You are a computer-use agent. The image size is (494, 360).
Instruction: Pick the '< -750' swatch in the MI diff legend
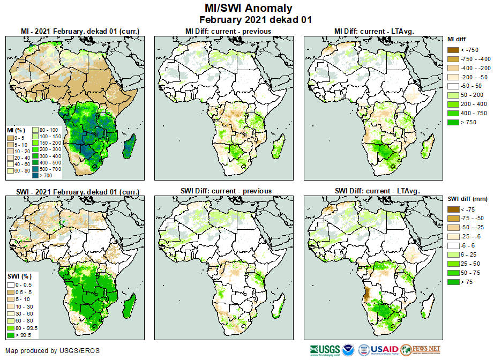pos(453,50)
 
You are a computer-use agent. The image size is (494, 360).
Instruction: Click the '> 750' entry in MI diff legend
pos(466,122)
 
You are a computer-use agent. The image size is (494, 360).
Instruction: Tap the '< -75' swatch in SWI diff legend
pos(453,209)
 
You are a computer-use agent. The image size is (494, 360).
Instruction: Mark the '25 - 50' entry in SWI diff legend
pos(467,264)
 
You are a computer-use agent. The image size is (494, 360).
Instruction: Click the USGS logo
pos(324,350)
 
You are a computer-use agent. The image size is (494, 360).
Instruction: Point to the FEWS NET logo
pos(420,350)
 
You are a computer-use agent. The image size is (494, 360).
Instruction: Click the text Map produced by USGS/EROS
pos(53,351)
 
